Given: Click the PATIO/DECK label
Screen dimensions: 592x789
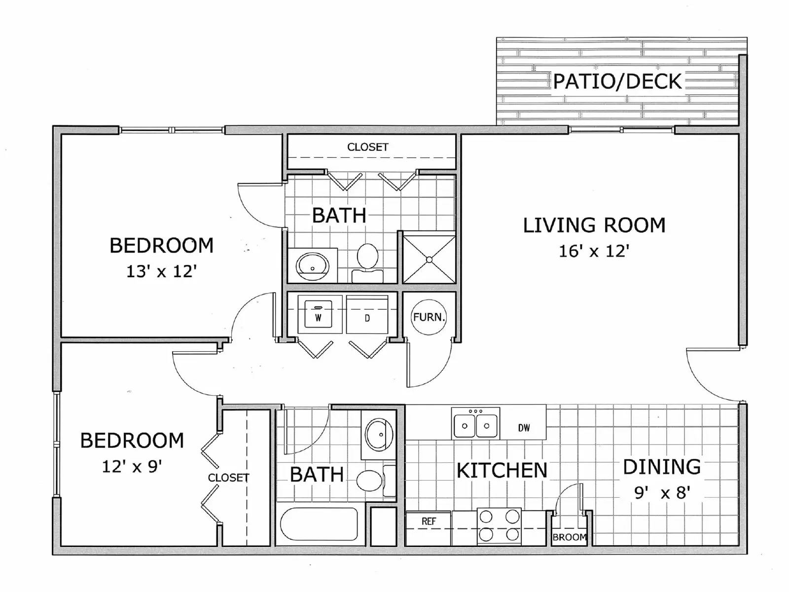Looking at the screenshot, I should [x=617, y=81].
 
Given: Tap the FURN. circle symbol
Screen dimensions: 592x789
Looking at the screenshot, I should [x=429, y=317].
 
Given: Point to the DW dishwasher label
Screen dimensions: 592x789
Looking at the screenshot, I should [x=524, y=428].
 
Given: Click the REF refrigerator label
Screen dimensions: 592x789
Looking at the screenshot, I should [x=429, y=521].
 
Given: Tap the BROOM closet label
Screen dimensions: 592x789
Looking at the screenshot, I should [x=570, y=537].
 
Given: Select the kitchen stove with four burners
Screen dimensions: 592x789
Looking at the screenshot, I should [x=499, y=526].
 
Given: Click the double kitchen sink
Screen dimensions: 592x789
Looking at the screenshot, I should [x=475, y=423].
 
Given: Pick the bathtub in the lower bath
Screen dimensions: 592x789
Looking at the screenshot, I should [x=319, y=524].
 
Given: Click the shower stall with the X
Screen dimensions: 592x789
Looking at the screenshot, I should [x=429, y=259].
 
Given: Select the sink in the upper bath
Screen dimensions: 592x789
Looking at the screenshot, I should [x=313, y=265].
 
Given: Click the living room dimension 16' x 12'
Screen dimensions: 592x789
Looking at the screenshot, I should [x=594, y=251].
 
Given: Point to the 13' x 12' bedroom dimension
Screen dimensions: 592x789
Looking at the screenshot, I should [x=162, y=271].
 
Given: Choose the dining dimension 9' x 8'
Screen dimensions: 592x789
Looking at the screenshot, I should [x=661, y=492].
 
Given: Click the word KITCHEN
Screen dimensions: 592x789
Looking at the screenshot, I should [x=502, y=471].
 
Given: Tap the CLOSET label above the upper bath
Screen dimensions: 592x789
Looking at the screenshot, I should [x=367, y=147].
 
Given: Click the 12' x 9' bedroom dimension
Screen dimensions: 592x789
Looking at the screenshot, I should [x=132, y=466].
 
